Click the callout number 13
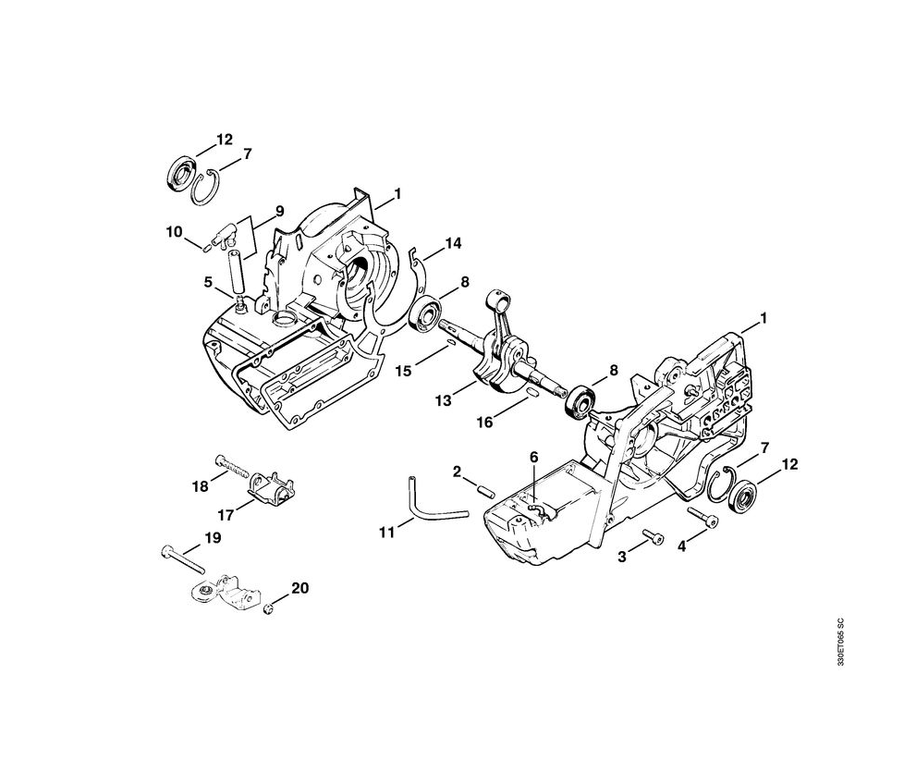tap(444, 399)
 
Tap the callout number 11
tap(387, 532)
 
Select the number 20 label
tap(299, 588)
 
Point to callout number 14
tap(453, 243)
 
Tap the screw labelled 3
tap(653, 536)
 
